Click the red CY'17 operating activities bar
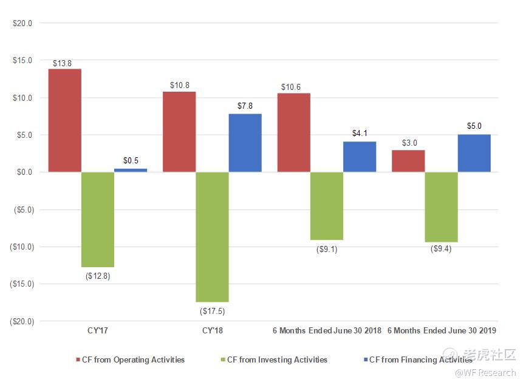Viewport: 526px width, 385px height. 64,120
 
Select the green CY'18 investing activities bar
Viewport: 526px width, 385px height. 212,237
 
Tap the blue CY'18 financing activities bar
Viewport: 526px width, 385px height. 245,143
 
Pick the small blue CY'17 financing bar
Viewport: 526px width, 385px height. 131,170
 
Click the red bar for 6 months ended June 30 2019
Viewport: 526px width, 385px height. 408,161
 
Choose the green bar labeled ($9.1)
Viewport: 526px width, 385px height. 326,206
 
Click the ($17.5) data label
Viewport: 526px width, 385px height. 212,311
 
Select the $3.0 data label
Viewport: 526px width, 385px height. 408,143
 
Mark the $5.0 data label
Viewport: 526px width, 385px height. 474,127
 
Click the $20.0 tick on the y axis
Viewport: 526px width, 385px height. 22,23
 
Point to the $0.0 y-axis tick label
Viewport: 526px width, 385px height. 24,172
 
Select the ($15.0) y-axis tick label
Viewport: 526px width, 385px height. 21,284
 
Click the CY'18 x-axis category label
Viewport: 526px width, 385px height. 212,330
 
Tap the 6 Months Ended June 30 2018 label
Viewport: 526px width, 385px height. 327,330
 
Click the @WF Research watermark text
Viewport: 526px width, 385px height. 485,373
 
